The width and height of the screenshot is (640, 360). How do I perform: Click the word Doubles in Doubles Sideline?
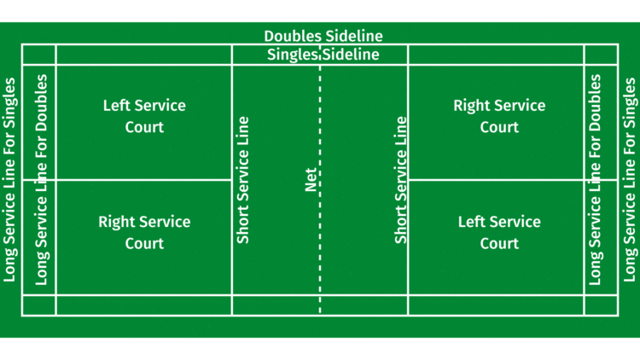click(x=293, y=36)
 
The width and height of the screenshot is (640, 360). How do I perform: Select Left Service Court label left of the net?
click(x=144, y=116)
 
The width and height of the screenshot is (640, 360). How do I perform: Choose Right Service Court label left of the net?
click(x=144, y=232)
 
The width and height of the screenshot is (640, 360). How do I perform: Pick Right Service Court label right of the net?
click(x=499, y=116)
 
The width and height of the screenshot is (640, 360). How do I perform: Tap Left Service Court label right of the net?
click(x=499, y=232)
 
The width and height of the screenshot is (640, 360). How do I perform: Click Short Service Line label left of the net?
click(x=243, y=180)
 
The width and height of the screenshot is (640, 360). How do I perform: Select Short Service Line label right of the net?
click(x=400, y=180)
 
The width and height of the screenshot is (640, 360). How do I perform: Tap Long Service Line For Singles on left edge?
click(x=10, y=180)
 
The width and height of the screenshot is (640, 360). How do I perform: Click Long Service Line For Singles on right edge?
click(x=630, y=180)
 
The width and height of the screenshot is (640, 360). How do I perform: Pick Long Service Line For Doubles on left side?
click(x=41, y=180)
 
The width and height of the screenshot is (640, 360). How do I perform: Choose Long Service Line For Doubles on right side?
click(x=596, y=180)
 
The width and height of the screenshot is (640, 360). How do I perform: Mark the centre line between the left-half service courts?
click(x=143, y=179)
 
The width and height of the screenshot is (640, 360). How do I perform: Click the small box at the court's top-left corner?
click(x=38, y=55)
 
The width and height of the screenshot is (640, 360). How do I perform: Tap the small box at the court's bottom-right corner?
click(x=601, y=305)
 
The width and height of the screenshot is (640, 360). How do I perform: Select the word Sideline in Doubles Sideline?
click(x=354, y=36)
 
